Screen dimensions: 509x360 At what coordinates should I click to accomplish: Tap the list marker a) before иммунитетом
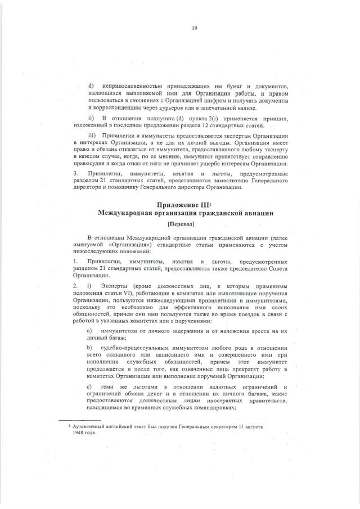(x=89, y=331)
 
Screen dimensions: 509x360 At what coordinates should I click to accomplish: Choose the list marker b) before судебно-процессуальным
(x=89, y=349)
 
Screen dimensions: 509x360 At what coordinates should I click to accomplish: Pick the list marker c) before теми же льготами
(x=89, y=386)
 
